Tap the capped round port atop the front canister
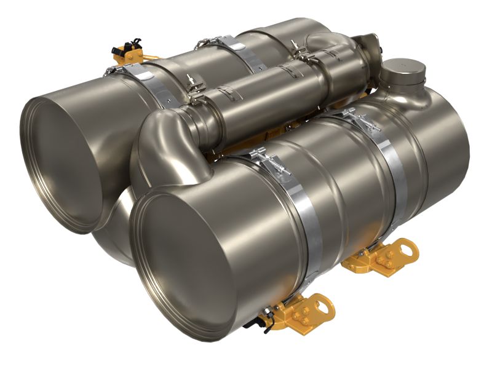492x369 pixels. [x=403, y=74]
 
